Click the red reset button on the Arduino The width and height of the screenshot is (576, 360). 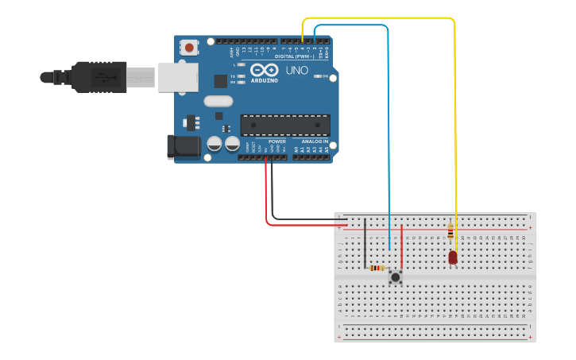tap(189, 48)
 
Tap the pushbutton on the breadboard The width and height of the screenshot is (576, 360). tap(395, 277)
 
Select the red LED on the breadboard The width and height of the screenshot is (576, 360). tap(453, 257)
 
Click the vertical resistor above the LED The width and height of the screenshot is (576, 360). tap(450, 231)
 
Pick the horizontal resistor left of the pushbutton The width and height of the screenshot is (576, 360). tap(377, 268)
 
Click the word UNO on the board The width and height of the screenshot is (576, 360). tap(296, 71)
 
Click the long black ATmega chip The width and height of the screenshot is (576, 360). tap(285, 126)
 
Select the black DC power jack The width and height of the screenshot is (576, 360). tap(181, 147)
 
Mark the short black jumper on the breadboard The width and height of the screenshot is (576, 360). tap(365, 242)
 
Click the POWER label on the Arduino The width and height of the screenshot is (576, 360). tap(276, 141)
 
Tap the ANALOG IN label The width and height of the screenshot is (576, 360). tap(315, 141)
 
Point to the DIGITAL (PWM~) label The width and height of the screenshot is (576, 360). tap(295, 56)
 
